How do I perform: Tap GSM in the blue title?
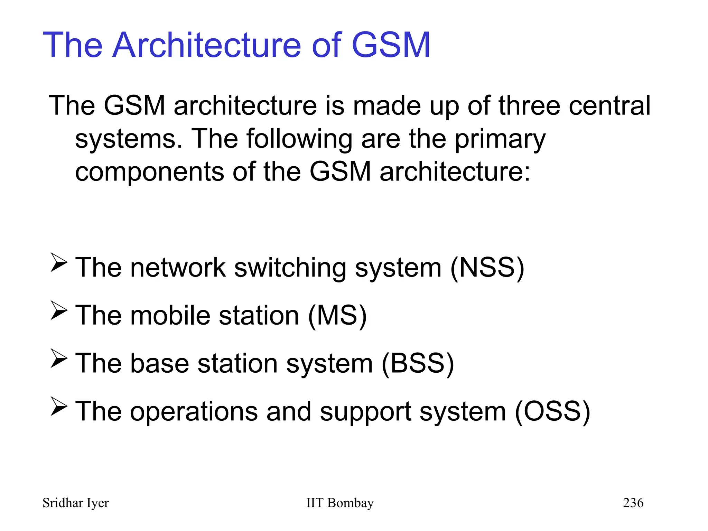(x=391, y=45)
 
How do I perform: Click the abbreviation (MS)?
(x=337, y=315)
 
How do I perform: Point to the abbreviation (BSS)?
(x=418, y=363)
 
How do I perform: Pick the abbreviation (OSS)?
(x=552, y=411)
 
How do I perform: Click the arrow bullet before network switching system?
(x=58, y=263)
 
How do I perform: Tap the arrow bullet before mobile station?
(x=58, y=310)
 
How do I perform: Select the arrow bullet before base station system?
(x=58, y=358)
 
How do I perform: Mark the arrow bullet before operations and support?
(x=58, y=407)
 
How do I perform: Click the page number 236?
(x=633, y=503)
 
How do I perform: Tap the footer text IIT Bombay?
(x=340, y=503)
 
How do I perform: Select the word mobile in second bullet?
(x=170, y=315)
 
